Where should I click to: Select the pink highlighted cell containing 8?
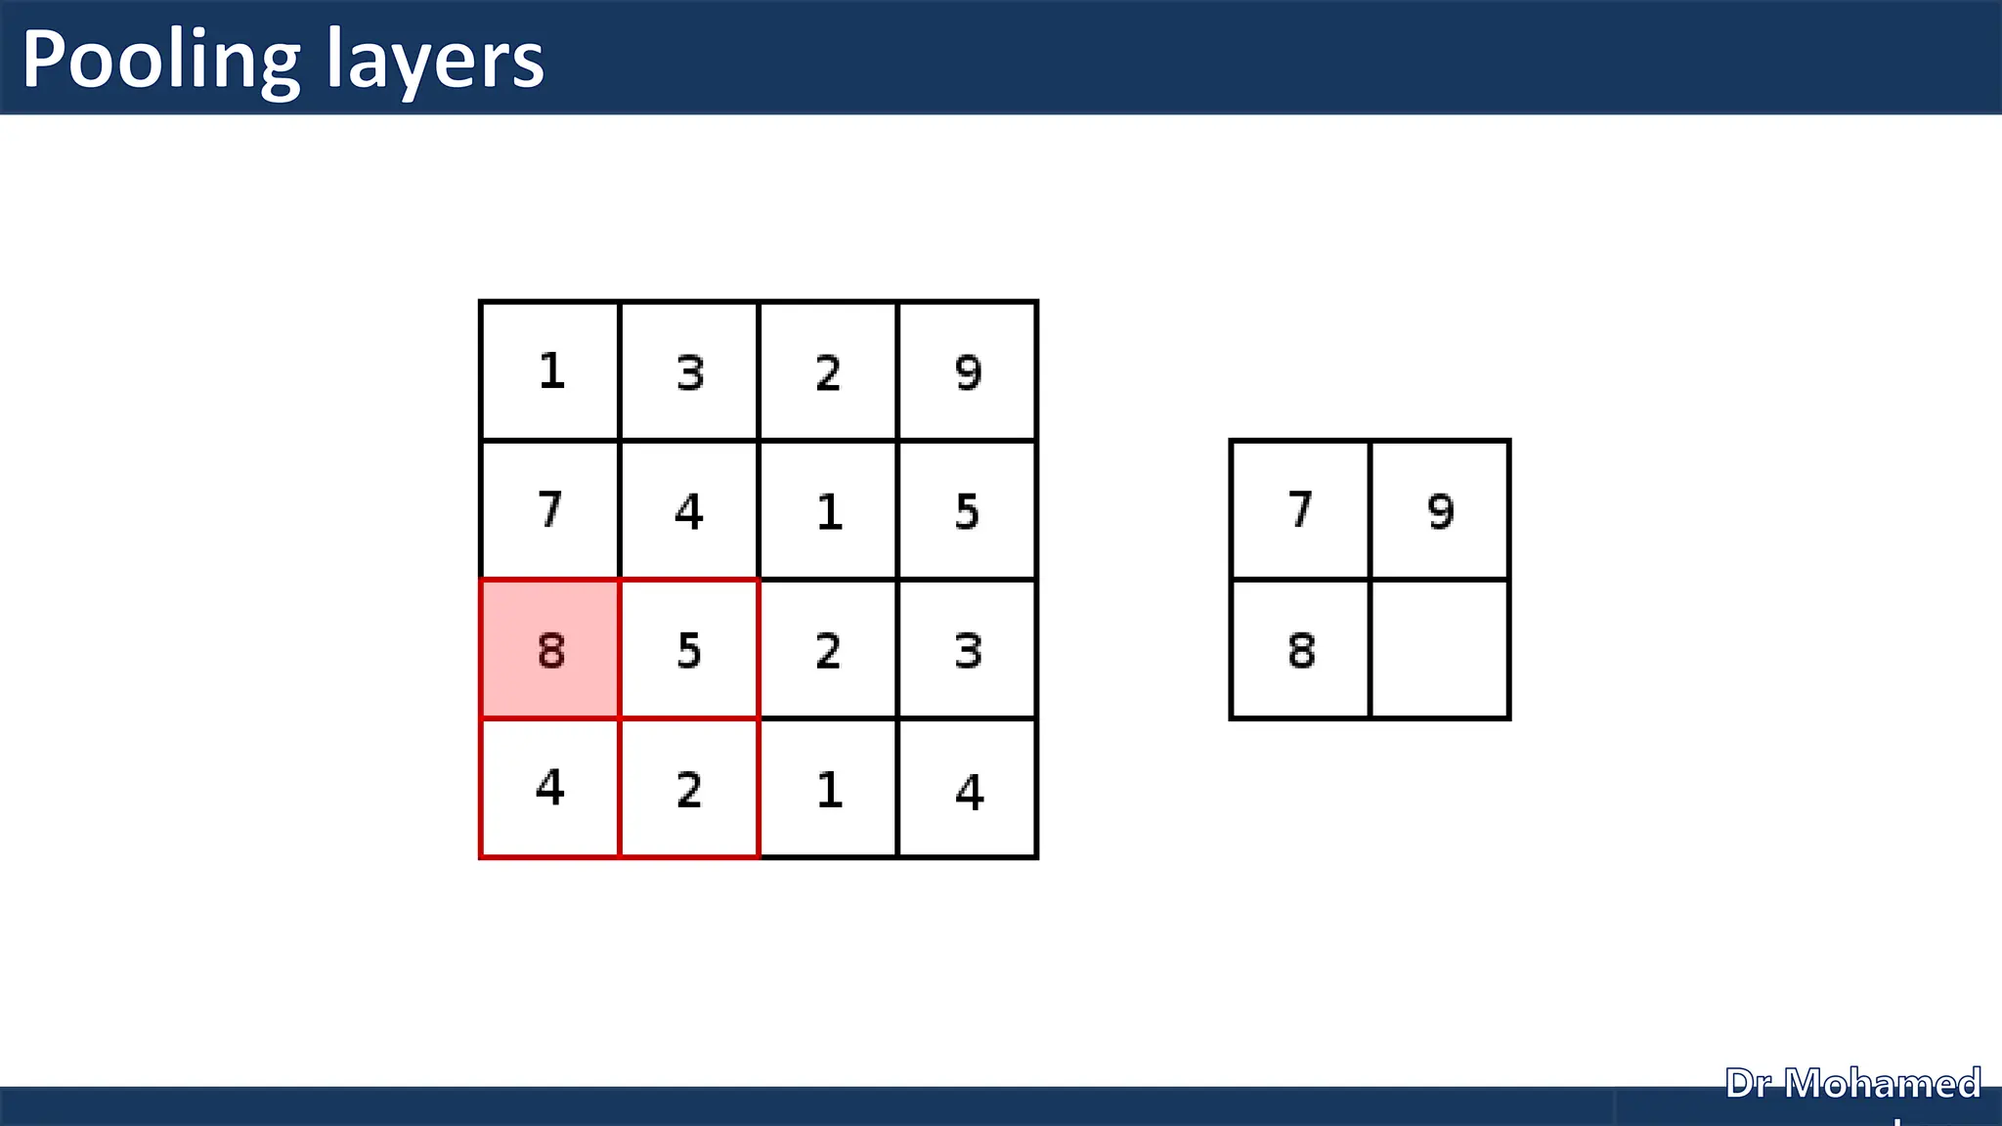click(x=550, y=650)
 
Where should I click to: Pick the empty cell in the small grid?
click(x=1440, y=650)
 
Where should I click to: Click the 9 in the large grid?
click(x=968, y=372)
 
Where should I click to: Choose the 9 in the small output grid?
click(x=1440, y=511)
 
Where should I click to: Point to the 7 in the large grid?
click(x=550, y=510)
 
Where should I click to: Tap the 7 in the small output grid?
click(x=1300, y=510)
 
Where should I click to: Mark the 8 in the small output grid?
click(x=1301, y=650)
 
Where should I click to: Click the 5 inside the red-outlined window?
click(x=689, y=650)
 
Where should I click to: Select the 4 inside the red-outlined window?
click(x=550, y=788)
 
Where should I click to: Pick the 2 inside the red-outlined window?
click(x=689, y=790)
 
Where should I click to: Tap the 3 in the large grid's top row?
click(x=690, y=372)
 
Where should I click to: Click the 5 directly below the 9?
click(x=967, y=511)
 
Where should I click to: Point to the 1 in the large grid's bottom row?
click(x=829, y=790)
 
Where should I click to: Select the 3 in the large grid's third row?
click(x=968, y=650)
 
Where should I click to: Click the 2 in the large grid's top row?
click(x=828, y=372)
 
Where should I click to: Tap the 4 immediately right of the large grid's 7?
click(x=689, y=511)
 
